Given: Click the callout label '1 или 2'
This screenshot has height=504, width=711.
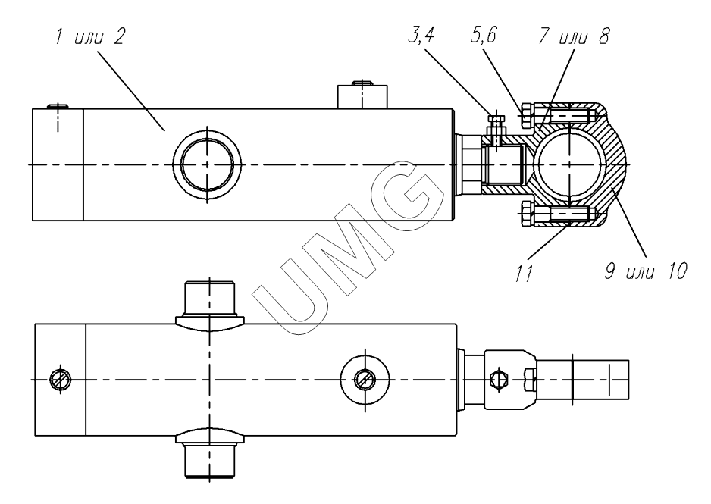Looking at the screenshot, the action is pos(89,36).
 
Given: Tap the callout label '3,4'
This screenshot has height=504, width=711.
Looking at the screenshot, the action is pos(421,36).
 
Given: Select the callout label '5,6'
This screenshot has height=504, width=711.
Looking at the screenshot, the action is pos(484,35).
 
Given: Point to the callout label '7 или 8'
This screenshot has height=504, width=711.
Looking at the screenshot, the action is pos(574,36).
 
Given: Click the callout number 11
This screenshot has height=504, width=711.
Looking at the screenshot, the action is pos(524,274).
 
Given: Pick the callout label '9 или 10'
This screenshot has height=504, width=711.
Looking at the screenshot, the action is pos(646,271).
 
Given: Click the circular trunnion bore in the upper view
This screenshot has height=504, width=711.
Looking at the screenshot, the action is pos(207,164).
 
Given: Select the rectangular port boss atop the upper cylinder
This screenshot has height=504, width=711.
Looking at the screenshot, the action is pos(362,96).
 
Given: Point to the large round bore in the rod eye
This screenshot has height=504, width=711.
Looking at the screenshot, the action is pos(568,164).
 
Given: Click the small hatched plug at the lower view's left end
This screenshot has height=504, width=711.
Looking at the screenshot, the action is pos(60,380).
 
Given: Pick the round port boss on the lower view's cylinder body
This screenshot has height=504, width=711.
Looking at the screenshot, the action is pos(365,379).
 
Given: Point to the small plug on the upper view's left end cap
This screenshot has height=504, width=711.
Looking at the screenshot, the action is pos(58,107).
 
